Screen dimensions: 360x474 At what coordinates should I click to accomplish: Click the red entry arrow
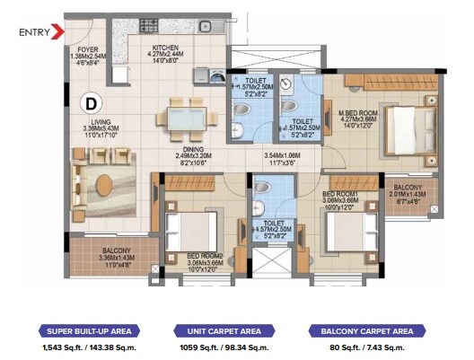coord(58,32)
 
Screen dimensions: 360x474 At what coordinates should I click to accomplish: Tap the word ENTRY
coord(34,32)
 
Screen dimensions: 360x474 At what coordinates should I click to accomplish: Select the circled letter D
coord(92,103)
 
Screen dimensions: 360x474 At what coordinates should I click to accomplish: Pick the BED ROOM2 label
coord(204,256)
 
